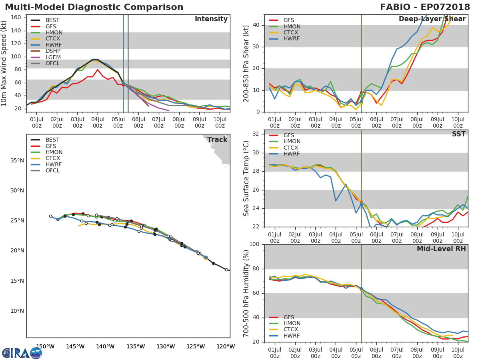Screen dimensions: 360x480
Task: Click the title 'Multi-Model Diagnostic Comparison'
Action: (x=94, y=7)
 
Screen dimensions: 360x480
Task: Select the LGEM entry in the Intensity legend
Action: (x=54, y=58)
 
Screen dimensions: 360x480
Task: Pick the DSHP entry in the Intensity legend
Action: (x=53, y=51)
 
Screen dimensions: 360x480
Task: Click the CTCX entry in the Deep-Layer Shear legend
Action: (x=292, y=33)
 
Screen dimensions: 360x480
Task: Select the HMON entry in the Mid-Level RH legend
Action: (x=292, y=324)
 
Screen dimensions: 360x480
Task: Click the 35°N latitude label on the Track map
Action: (x=17, y=161)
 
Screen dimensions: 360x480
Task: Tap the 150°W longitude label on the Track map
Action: (x=45, y=347)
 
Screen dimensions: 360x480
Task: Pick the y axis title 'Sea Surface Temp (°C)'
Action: (x=246, y=178)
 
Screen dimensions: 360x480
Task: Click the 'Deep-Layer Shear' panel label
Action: (x=432, y=19)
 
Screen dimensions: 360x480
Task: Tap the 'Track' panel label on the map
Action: (x=217, y=140)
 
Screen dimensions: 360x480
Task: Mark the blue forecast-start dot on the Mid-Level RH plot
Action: (x=361, y=288)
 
